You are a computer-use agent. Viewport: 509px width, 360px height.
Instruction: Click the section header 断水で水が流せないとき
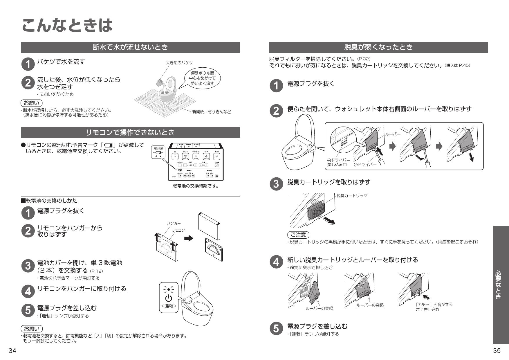(x=130, y=47)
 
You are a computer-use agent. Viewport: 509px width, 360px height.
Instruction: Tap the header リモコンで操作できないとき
(x=130, y=132)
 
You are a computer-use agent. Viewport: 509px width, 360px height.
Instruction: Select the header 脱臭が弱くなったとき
(x=378, y=47)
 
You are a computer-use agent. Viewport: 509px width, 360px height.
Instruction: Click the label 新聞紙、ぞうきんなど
(x=212, y=112)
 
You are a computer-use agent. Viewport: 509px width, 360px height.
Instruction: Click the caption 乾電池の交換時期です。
(x=196, y=186)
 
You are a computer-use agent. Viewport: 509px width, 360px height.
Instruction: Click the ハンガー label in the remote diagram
(x=174, y=223)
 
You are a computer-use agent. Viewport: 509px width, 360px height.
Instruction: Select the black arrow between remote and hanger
(x=189, y=238)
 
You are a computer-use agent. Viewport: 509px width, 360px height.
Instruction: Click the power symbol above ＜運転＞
(x=169, y=298)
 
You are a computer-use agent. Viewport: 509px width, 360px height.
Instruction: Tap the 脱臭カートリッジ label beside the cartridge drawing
(x=352, y=195)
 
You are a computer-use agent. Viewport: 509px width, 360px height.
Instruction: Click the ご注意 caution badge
(x=298, y=235)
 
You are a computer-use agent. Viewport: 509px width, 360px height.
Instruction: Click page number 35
(x=497, y=351)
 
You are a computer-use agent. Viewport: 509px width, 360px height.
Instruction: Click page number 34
(x=12, y=351)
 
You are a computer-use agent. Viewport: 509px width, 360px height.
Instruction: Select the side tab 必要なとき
(x=501, y=285)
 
